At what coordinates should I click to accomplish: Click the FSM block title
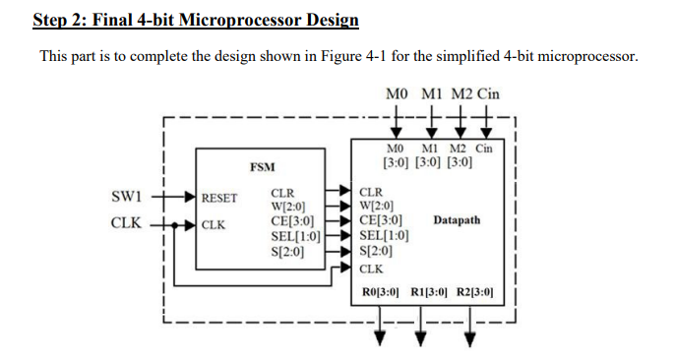(x=262, y=167)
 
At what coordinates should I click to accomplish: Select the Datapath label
(x=457, y=220)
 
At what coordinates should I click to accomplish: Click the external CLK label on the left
(x=126, y=224)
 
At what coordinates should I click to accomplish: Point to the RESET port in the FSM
(x=219, y=198)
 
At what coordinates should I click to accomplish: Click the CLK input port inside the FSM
(x=213, y=224)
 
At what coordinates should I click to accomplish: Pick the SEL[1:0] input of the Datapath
(x=385, y=235)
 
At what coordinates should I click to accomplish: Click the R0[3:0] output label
(x=380, y=292)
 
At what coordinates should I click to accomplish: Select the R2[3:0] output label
(x=474, y=292)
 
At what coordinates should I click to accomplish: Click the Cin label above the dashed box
(x=487, y=94)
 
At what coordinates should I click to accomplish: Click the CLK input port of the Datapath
(x=371, y=268)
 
